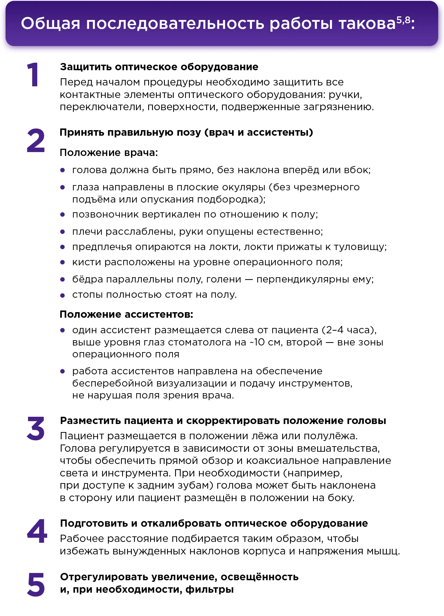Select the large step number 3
click(36, 429)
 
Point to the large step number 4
click(37, 531)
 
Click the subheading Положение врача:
click(109, 153)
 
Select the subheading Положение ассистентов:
click(126, 314)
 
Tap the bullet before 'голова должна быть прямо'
click(62, 170)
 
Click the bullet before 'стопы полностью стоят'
click(62, 296)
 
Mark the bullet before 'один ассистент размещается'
click(62, 330)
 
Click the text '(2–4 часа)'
click(349, 330)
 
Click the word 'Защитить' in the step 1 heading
click(86, 67)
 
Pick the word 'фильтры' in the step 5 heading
click(210, 589)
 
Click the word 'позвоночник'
click(105, 214)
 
